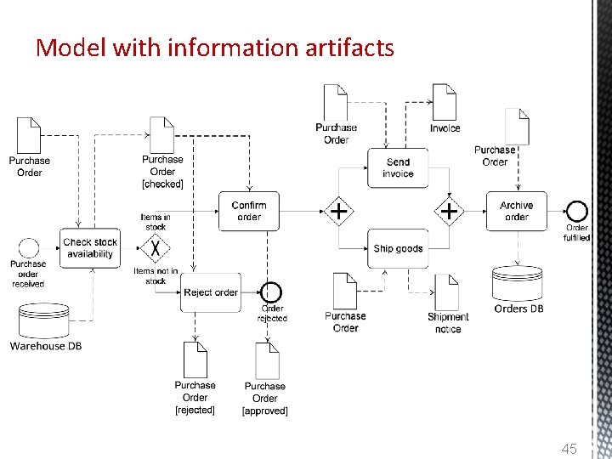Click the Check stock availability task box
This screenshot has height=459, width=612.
(x=89, y=247)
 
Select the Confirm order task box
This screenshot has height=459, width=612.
(x=249, y=210)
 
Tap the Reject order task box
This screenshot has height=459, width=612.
(x=210, y=292)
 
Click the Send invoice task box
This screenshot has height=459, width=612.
(x=397, y=167)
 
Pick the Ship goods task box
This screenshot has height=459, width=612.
(x=397, y=248)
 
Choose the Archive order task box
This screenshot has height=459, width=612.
(x=516, y=211)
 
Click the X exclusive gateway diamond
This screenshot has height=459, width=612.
(x=156, y=249)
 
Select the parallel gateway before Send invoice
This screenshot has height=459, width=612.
(x=338, y=211)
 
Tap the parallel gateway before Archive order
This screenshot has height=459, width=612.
(x=448, y=211)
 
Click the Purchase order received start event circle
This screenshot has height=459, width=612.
(x=28, y=248)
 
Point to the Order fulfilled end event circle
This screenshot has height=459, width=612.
(x=577, y=211)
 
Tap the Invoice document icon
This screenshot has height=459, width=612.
(x=445, y=102)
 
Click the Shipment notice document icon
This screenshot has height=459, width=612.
(x=447, y=292)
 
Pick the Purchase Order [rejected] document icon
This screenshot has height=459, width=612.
(x=195, y=360)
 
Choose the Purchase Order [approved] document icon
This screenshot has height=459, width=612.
(x=266, y=360)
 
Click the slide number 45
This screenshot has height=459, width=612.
(x=569, y=448)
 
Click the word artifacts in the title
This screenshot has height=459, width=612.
(x=343, y=48)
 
